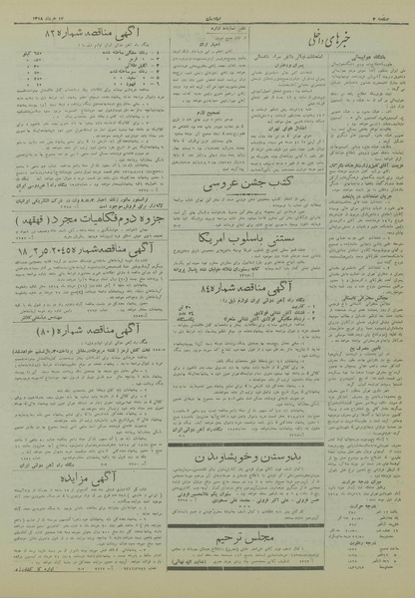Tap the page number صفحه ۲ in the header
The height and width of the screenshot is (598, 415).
click(x=385, y=15)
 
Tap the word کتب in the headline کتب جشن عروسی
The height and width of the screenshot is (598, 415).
click(x=262, y=183)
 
